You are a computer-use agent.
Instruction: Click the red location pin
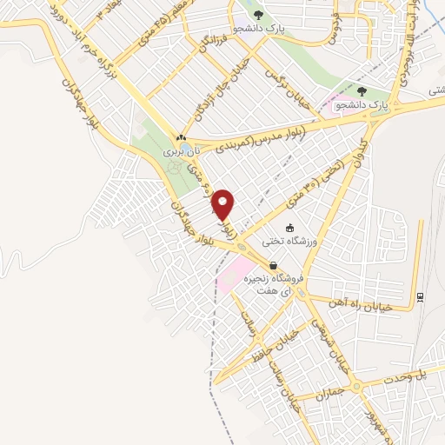pos(223,204)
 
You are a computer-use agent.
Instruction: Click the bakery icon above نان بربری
pos(181,137)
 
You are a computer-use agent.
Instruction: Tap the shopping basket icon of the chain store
pos(274,266)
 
